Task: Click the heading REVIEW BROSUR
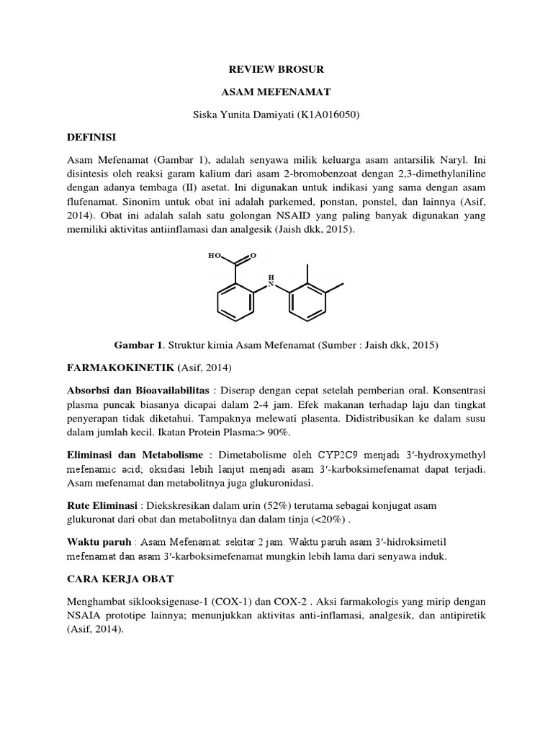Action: point(276,69)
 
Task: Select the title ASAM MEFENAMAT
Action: point(276,92)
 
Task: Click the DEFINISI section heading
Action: point(93,137)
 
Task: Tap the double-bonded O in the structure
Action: point(253,255)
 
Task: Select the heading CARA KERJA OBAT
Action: point(119,578)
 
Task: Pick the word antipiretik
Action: point(458,615)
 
